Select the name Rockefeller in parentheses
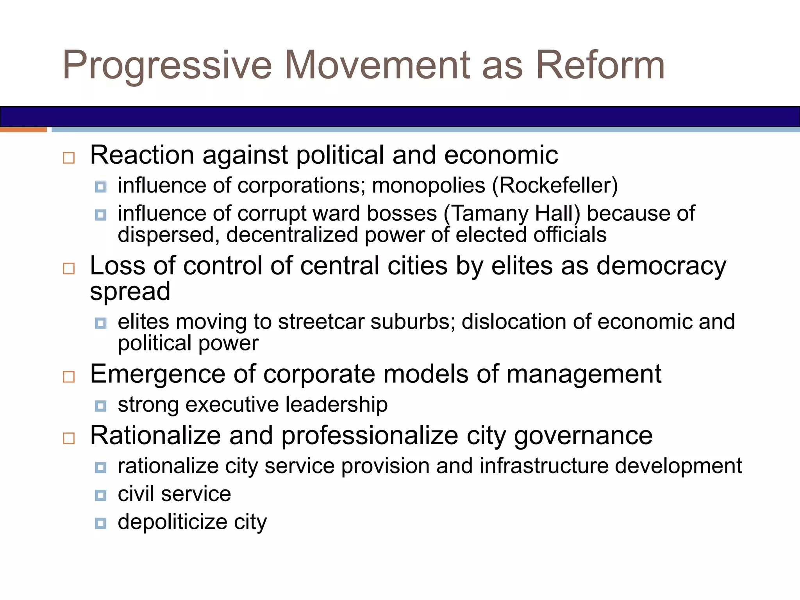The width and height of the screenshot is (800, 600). click(x=555, y=186)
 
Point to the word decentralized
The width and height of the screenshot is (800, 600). click(x=292, y=235)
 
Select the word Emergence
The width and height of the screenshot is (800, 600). click(x=157, y=374)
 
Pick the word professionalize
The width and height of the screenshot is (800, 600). click(x=370, y=436)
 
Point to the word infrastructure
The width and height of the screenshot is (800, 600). click(x=543, y=466)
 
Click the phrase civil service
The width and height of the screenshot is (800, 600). click(x=174, y=494)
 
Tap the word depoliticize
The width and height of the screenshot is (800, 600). click(x=172, y=522)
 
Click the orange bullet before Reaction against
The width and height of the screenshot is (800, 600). click(x=69, y=158)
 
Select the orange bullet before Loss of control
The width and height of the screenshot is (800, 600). click(x=69, y=269)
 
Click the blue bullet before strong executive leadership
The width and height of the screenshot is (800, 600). click(x=100, y=406)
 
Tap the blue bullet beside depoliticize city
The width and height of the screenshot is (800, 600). click(x=100, y=523)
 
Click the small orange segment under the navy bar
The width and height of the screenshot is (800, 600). click(x=23, y=130)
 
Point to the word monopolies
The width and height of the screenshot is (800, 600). click(x=429, y=186)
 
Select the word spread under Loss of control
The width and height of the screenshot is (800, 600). click(x=130, y=292)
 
